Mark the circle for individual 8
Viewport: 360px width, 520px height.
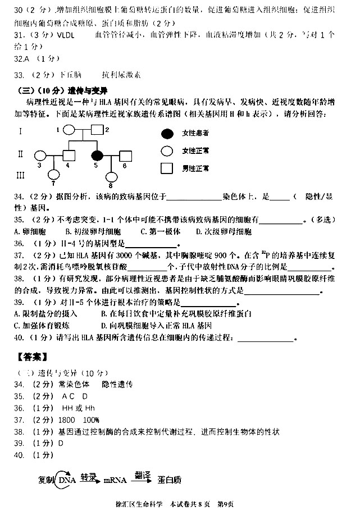pos(111,177)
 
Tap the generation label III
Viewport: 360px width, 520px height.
pos(21,175)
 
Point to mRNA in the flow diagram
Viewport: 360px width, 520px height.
pos(115,480)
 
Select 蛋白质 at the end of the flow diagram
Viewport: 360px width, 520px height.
pos(170,480)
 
